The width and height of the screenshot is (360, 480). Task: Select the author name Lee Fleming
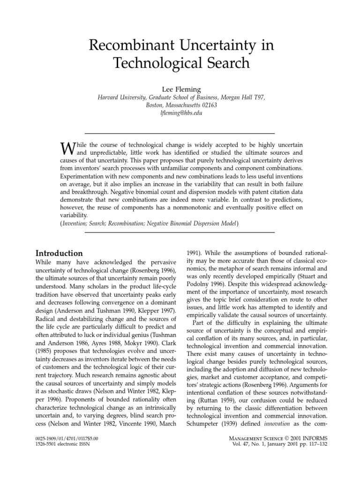[180, 89]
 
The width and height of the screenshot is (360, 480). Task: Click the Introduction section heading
[59, 254]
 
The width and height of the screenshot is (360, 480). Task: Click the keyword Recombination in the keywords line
[147, 224]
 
